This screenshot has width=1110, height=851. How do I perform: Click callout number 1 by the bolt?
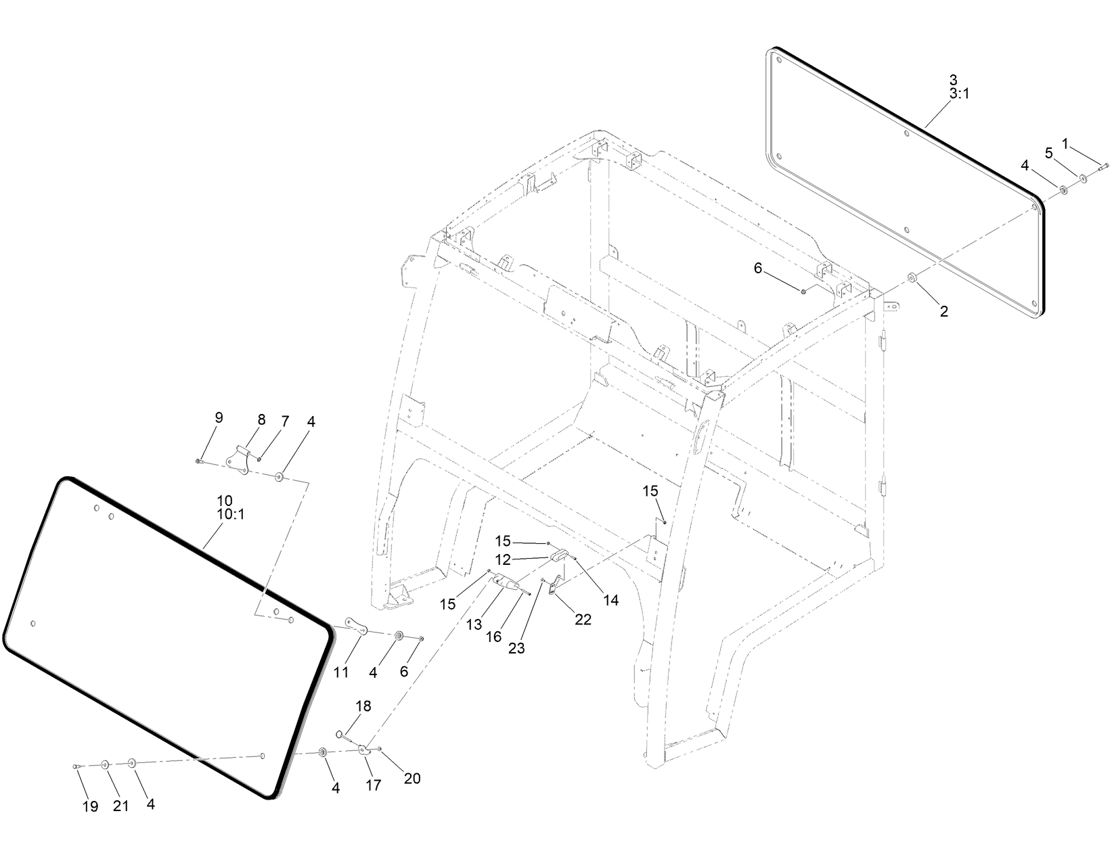[1065, 143]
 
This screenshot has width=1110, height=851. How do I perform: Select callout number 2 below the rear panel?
[944, 311]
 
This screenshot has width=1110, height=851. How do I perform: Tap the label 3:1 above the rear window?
[958, 94]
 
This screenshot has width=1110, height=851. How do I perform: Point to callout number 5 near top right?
[1049, 154]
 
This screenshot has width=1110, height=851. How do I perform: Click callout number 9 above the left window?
[218, 417]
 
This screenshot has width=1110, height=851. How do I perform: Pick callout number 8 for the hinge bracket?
[261, 420]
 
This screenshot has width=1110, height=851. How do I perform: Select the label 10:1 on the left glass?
[230, 514]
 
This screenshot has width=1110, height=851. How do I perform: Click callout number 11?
[340, 672]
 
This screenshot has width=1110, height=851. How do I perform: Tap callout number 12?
[503, 560]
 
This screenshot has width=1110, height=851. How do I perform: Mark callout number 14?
[611, 599]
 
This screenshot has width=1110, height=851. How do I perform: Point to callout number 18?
[363, 706]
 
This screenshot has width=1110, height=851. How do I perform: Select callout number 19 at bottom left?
[90, 806]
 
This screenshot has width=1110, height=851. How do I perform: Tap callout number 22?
[583, 619]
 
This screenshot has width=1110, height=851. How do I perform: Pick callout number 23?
[516, 648]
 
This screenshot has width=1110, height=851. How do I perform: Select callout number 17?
[373, 785]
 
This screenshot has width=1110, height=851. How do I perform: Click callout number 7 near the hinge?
[285, 421]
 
